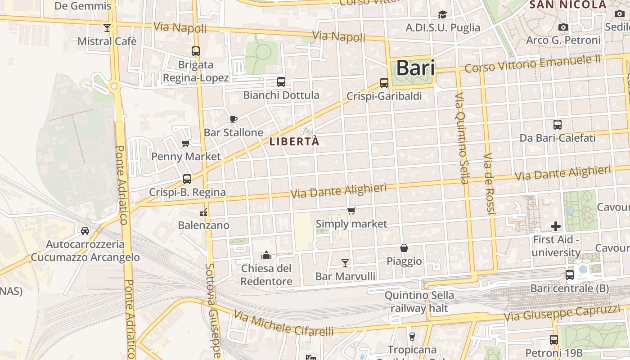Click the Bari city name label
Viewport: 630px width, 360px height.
point(415,68)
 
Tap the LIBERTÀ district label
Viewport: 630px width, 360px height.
point(294,141)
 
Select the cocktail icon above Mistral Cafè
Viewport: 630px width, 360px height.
point(107,28)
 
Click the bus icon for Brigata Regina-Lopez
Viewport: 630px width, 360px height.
point(195,51)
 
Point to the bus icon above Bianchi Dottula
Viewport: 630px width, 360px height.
point(281,82)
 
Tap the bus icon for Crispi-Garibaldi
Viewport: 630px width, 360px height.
point(384,83)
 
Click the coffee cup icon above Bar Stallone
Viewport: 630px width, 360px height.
point(233,119)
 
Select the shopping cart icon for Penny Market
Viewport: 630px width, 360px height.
point(185,144)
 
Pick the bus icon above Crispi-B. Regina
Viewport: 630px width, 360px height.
point(187,179)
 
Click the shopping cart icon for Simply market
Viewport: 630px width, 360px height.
point(351,211)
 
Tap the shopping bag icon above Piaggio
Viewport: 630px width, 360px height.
point(404,248)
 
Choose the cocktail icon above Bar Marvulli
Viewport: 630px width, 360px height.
point(345,263)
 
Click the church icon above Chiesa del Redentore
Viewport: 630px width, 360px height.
point(266,255)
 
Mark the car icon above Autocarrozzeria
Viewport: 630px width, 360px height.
point(85,231)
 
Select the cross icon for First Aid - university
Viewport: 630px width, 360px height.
point(556,226)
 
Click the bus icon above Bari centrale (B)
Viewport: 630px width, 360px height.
point(569,274)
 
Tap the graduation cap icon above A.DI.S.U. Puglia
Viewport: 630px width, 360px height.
point(443,14)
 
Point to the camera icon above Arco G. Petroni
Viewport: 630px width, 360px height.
point(563,27)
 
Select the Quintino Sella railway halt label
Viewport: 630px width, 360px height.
point(419,301)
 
